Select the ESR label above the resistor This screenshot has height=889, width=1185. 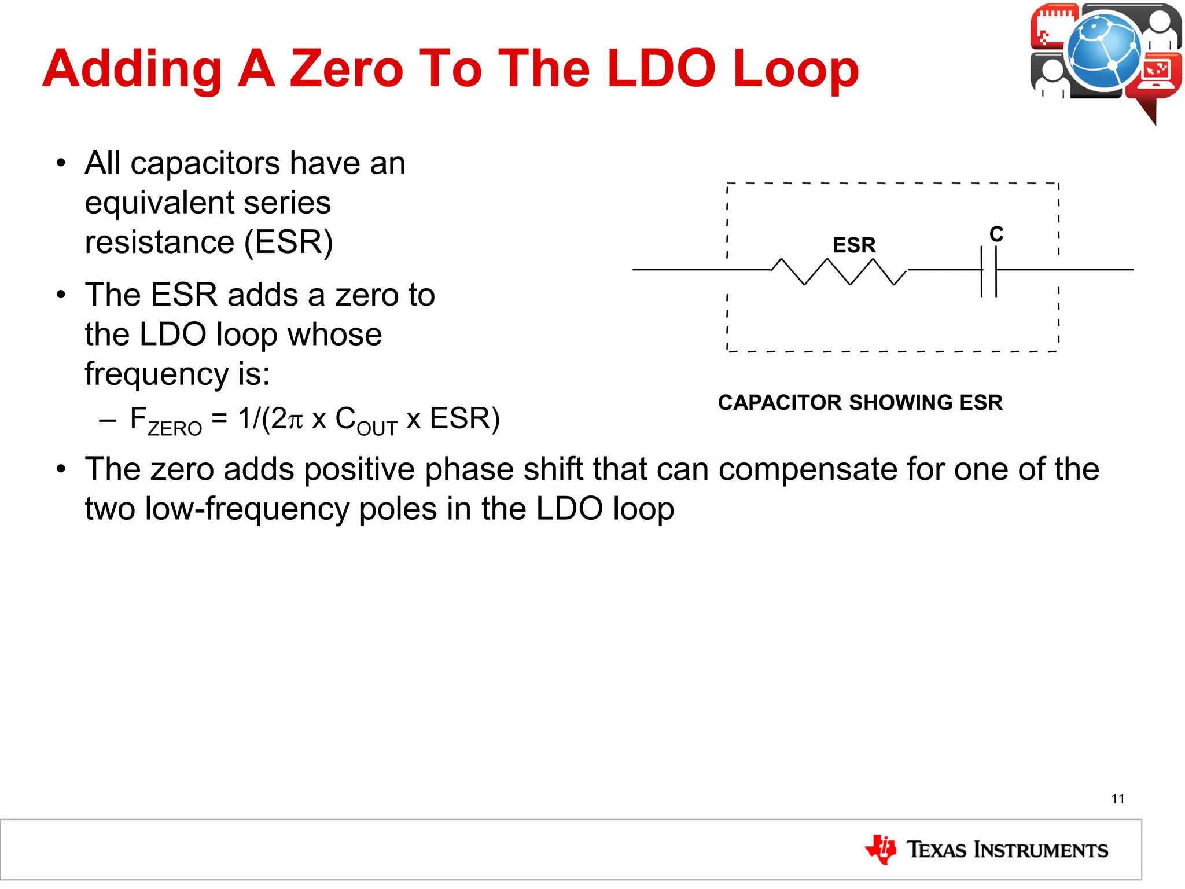(854, 245)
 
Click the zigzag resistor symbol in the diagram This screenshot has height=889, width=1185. (839, 271)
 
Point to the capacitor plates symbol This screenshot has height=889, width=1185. (989, 271)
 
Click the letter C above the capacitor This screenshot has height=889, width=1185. (996, 234)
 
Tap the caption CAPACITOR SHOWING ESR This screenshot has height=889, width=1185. (860, 402)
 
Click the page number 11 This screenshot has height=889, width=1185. (1118, 799)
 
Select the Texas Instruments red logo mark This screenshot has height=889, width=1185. (881, 849)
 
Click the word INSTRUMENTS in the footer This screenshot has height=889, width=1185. (1041, 850)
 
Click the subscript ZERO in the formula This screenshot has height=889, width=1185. (175, 429)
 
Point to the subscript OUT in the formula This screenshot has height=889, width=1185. (377, 429)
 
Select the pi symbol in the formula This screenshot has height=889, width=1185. (295, 420)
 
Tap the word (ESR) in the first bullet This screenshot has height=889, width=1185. (289, 242)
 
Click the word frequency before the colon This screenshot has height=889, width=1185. (156, 373)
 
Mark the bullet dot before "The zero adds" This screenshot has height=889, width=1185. (61, 468)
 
